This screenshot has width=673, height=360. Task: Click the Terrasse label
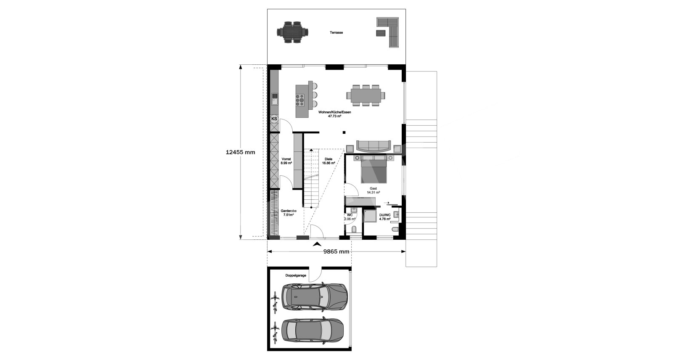[336, 32]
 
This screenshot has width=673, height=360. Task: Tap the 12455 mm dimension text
[240, 152]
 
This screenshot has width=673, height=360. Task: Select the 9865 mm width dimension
[336, 251]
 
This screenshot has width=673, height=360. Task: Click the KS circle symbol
[274, 119]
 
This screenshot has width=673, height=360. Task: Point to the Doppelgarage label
[296, 275]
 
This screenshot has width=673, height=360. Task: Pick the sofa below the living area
[374, 146]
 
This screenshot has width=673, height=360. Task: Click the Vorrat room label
[76, 161]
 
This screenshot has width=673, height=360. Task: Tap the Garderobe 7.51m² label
[78, 213]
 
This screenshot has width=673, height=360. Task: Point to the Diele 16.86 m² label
[329, 161]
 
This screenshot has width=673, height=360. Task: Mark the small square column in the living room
[344, 132]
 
